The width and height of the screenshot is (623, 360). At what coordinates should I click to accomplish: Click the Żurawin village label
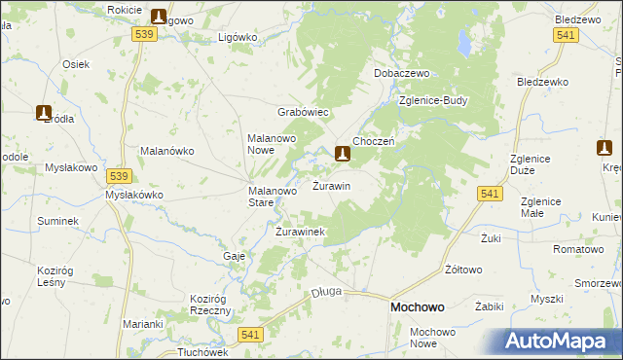tap(331, 185)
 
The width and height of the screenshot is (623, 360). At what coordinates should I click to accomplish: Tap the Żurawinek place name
tap(300, 232)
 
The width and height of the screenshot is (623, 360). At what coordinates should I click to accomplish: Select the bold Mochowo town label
tap(417, 306)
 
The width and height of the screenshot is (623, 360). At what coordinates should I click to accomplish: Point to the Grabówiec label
tap(305, 112)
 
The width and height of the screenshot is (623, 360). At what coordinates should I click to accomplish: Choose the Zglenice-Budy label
tap(434, 100)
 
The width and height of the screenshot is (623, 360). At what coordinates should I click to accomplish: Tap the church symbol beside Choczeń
tap(343, 153)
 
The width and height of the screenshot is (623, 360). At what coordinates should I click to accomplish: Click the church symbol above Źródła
tap(45, 113)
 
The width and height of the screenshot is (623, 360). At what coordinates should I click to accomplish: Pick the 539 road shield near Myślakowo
tap(120, 176)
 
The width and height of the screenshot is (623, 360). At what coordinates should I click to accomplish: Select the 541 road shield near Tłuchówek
tap(251, 334)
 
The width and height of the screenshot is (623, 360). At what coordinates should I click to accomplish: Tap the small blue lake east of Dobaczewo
tap(464, 47)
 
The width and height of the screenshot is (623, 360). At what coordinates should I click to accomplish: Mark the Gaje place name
tap(234, 255)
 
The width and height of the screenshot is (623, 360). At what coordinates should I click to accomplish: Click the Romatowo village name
tap(578, 250)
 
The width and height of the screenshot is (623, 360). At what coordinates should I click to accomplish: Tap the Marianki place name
tap(142, 324)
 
